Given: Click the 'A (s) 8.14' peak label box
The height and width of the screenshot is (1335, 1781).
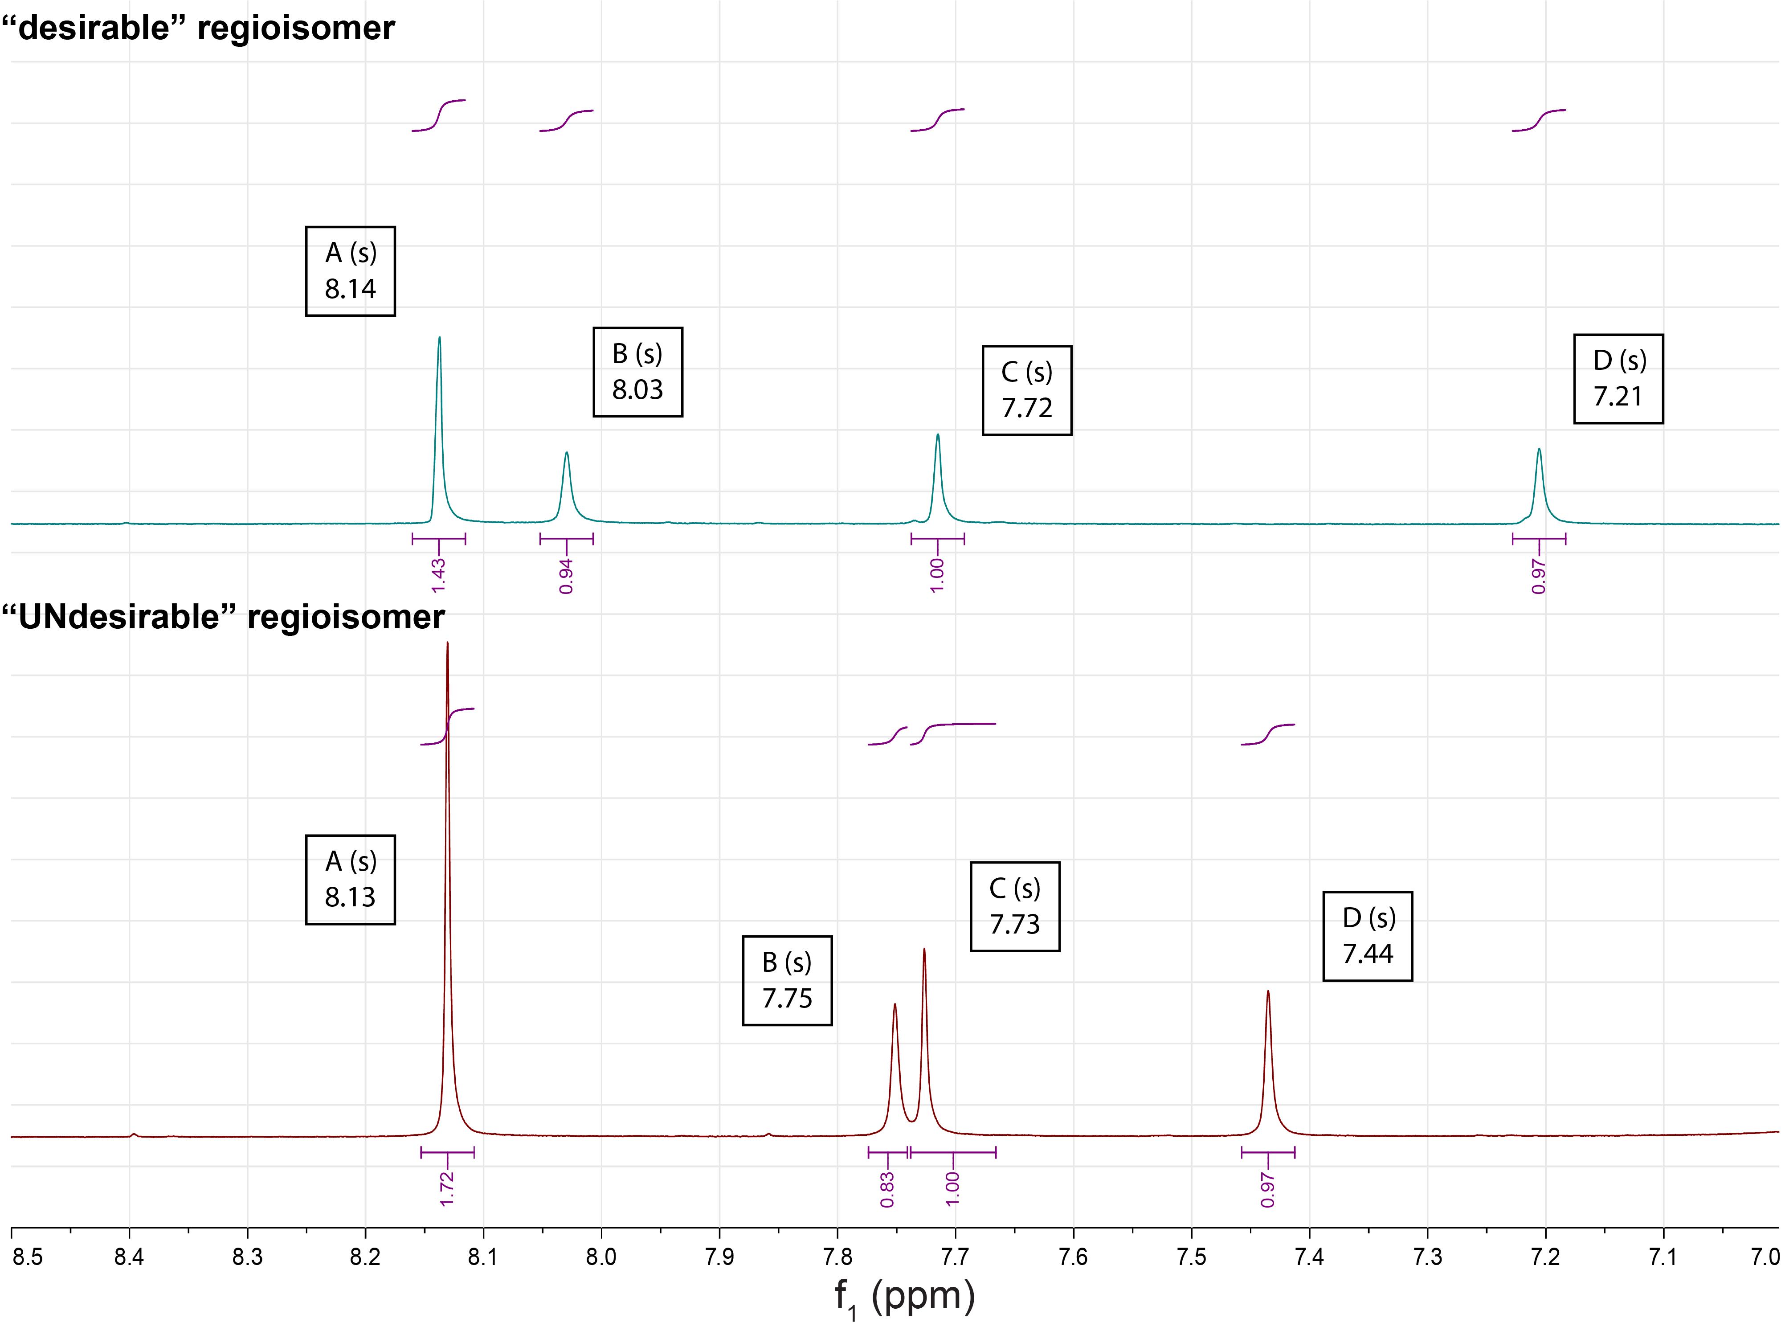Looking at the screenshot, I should (x=350, y=271).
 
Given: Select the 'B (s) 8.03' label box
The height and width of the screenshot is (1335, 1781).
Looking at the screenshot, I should (x=637, y=372).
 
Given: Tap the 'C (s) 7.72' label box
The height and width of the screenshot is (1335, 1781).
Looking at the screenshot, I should (x=1026, y=390).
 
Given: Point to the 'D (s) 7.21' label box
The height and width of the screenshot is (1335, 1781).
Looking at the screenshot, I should (x=1618, y=378).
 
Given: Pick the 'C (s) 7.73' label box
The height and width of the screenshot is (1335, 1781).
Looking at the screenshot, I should (x=1014, y=907).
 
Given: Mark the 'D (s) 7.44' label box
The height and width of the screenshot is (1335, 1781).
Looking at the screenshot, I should (x=1367, y=936).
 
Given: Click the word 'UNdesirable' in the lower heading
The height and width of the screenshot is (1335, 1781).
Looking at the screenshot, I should (x=119, y=618).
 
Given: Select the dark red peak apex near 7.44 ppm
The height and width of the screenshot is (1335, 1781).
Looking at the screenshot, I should (x=1268, y=991).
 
